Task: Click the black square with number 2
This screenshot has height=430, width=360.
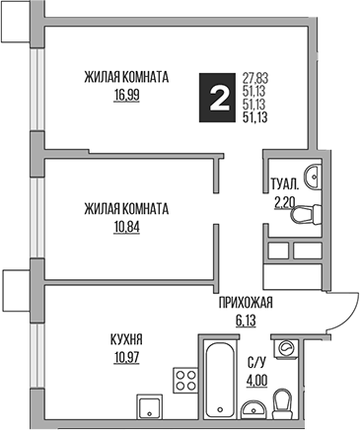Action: (215, 98)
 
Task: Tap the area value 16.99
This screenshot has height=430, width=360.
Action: (126, 97)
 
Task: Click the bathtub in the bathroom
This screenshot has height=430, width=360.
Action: (216, 378)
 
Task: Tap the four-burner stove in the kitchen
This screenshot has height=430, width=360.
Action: (184, 380)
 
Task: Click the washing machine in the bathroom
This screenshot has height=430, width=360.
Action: (287, 350)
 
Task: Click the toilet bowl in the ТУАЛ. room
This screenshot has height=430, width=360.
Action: (308, 209)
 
